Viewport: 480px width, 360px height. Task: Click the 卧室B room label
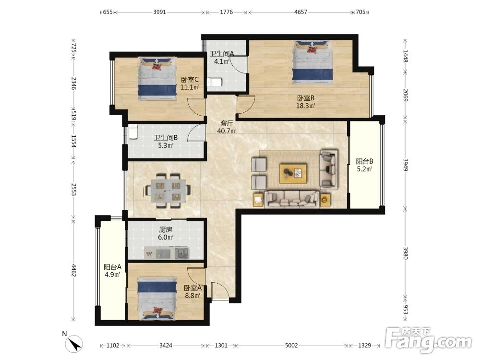pos(305,98)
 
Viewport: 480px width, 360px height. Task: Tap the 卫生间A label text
pos(222,54)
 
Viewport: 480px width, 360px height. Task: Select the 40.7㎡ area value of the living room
pos(227,131)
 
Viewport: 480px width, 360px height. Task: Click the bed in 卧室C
pos(157,78)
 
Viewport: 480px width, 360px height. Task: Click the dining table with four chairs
pos(168,191)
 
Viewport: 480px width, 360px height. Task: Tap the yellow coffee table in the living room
pos(293,174)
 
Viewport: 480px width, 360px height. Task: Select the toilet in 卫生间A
pos(214,83)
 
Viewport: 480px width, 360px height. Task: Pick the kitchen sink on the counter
pos(182,253)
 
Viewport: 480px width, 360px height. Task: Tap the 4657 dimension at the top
pos(300,12)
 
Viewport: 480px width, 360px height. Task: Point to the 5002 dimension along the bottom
pos(291,346)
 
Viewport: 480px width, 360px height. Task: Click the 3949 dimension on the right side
pos(405,165)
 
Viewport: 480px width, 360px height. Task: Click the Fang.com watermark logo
pos(429,340)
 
